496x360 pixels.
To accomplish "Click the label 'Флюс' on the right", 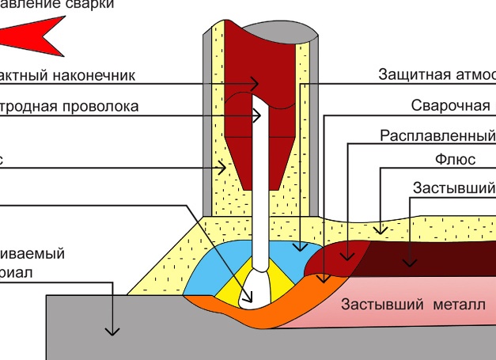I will click(x=455, y=160).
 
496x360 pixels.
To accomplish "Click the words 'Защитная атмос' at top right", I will click(x=437, y=75).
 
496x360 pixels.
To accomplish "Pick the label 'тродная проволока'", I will click(x=70, y=106).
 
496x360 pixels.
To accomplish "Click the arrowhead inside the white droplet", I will click(x=249, y=299).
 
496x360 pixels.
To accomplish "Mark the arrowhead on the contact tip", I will click(x=255, y=83).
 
